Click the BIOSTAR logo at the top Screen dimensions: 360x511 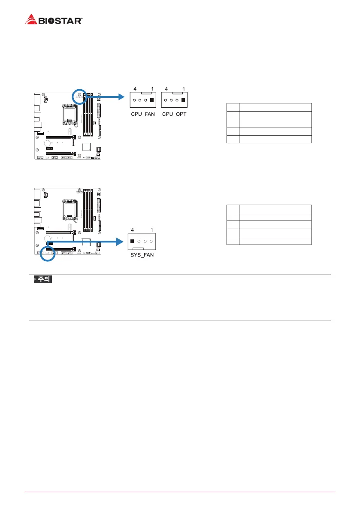pyautogui.click(x=54, y=20)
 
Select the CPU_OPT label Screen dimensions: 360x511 pyautogui.click(x=174, y=115)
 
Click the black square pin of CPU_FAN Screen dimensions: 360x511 pyautogui.click(x=152, y=101)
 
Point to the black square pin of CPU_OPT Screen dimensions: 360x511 pyautogui.click(x=184, y=101)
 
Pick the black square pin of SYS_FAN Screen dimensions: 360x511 pyautogui.click(x=133, y=241)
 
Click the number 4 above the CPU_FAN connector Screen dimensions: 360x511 pyautogui.click(x=135, y=89)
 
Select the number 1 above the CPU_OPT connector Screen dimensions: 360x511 pyautogui.click(x=184, y=89)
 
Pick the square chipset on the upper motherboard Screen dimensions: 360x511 pyautogui.click(x=86, y=147)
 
